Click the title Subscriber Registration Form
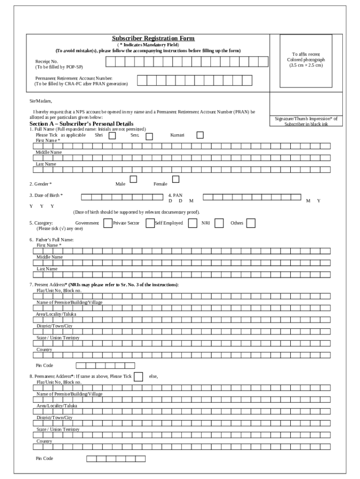tap(153, 38)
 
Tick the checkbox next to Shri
tap(112, 136)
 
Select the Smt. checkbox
tap(149, 137)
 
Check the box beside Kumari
tap(200, 135)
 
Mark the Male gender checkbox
tap(133, 179)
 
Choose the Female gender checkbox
tap(176, 179)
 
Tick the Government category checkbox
tap(108, 223)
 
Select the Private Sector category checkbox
tap(150, 223)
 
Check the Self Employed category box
tap(192, 223)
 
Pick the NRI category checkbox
tap(219, 223)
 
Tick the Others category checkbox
tap(251, 223)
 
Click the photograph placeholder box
tap(306, 61)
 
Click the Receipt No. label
tap(47, 61)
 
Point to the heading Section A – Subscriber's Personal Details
tap(82, 124)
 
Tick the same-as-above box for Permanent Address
tap(138, 377)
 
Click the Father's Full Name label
tap(51, 239)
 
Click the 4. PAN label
tap(175, 196)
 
